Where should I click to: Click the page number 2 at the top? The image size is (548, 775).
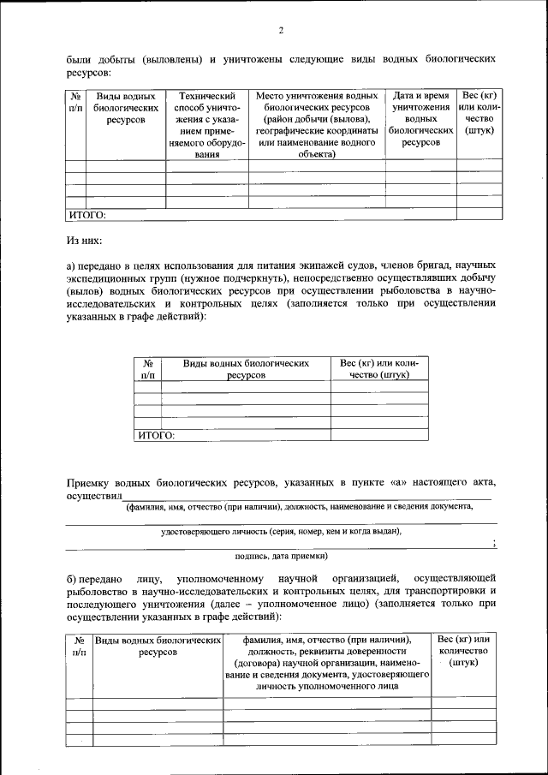coord(280,32)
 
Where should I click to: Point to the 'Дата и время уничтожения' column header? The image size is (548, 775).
coord(420,119)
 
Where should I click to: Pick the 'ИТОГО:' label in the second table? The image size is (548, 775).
coord(157,435)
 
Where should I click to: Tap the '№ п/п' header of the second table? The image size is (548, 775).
coord(147,369)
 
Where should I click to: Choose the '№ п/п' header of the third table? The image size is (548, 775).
coord(79,646)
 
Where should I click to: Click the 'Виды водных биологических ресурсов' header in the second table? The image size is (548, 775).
coord(246,369)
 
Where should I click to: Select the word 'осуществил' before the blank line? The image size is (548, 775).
coord(95,497)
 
